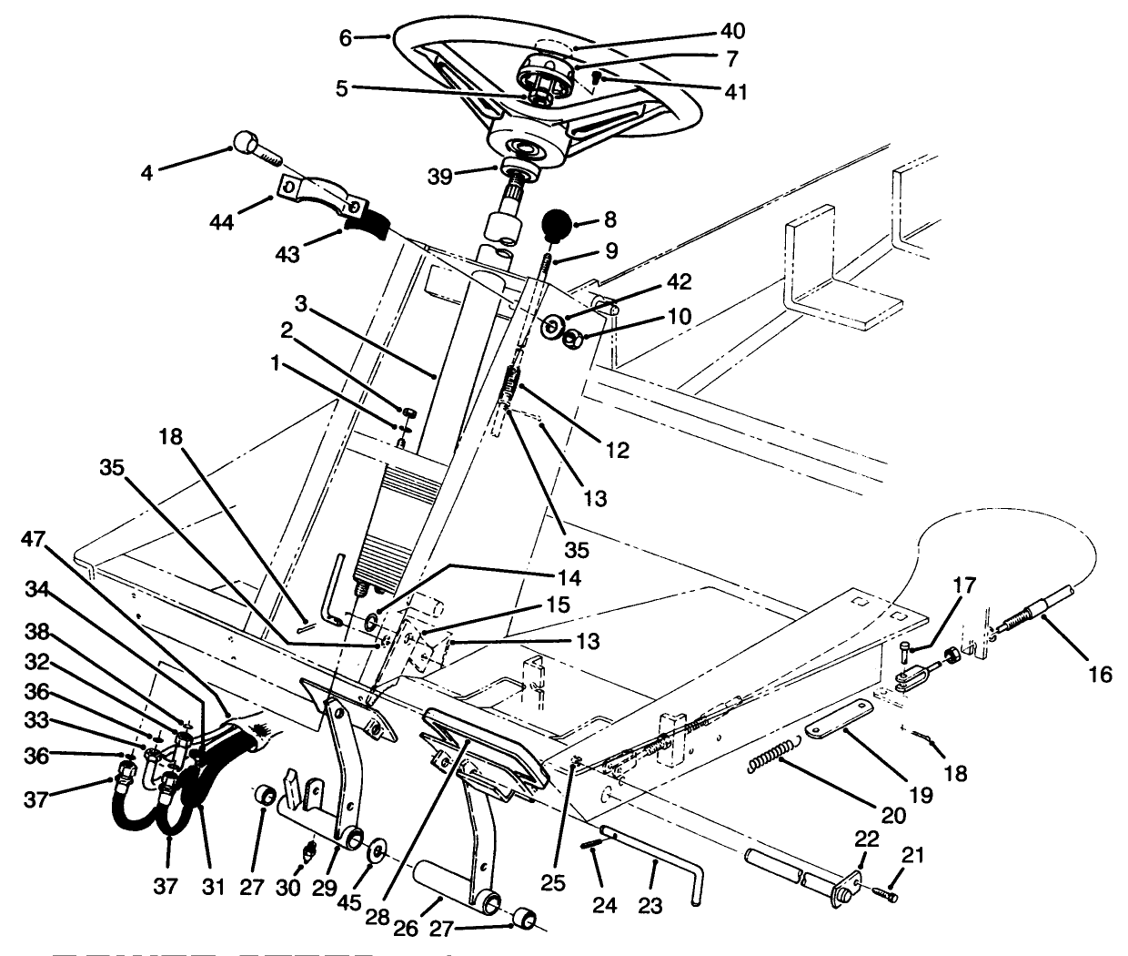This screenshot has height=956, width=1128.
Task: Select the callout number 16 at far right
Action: pyautogui.click(x=1099, y=674)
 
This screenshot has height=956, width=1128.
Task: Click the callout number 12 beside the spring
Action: pyautogui.click(x=617, y=450)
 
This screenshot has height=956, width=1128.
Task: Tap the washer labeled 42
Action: pyautogui.click(x=551, y=326)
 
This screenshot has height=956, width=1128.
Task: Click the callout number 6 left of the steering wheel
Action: pyautogui.click(x=345, y=37)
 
